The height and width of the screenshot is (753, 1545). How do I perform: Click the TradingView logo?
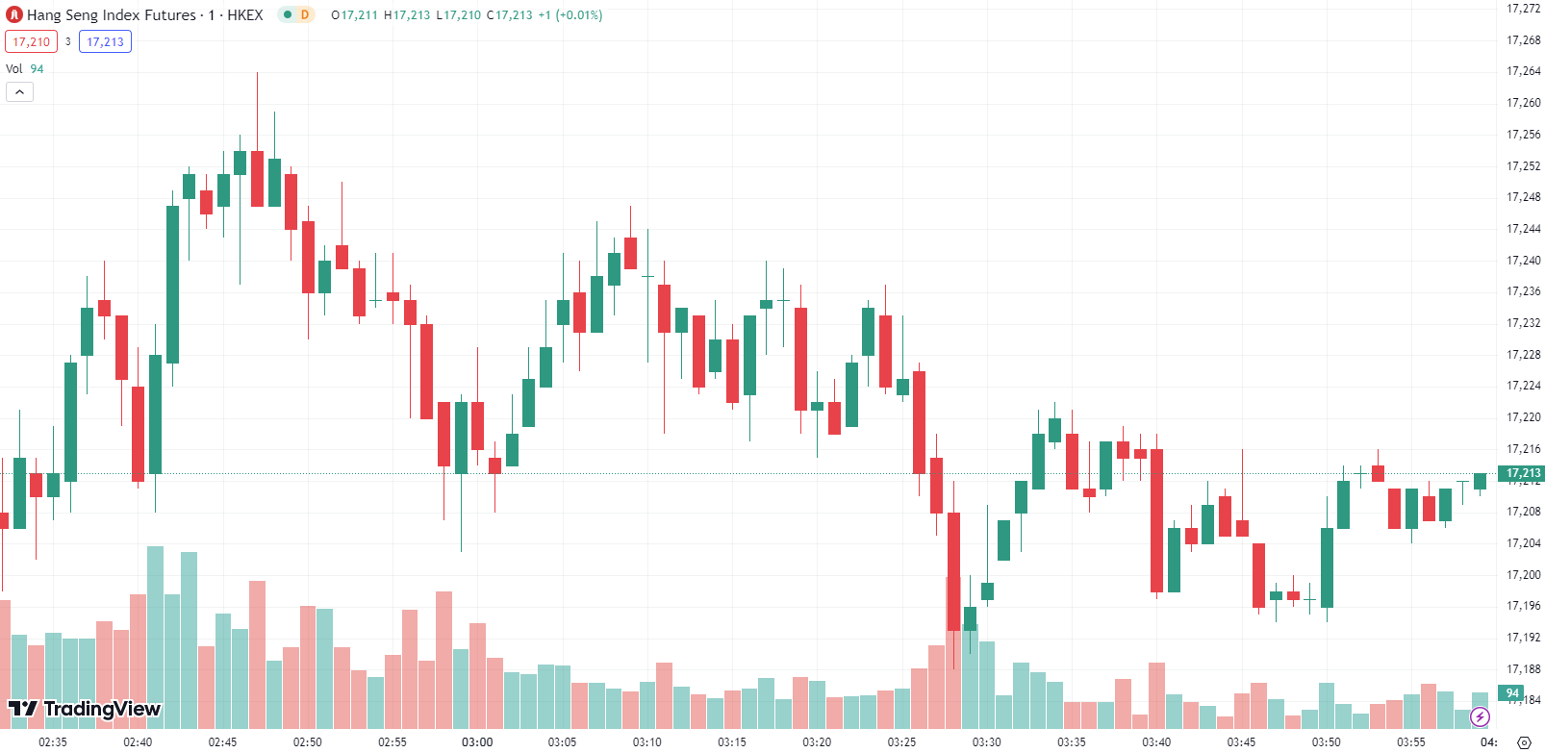85,710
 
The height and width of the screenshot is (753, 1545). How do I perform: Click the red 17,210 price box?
31,42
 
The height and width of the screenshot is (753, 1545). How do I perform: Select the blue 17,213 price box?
105,42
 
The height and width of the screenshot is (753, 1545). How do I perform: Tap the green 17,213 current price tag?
1523,473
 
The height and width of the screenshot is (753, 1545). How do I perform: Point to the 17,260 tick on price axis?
1523,103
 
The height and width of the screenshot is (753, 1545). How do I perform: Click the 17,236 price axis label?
1523,291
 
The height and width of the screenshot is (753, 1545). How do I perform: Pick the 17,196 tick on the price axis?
1523,606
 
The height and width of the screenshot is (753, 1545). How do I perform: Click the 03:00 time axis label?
477,742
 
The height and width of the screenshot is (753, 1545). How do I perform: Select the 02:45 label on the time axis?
222,742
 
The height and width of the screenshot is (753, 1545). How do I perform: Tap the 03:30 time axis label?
986,742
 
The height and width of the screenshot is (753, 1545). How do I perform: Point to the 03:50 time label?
1326,742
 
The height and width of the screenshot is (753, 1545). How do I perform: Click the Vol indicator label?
14,69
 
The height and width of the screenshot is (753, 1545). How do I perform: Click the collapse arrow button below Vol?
19,92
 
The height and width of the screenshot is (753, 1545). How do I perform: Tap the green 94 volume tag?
1511,693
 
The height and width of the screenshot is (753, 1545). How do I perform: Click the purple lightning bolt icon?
1481,717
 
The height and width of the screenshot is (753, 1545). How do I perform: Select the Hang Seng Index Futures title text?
111,15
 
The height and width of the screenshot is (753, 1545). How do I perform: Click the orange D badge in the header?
305,15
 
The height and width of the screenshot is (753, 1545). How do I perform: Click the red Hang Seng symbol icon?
14,15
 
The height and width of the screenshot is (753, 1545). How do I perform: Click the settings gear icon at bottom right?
1523,742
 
